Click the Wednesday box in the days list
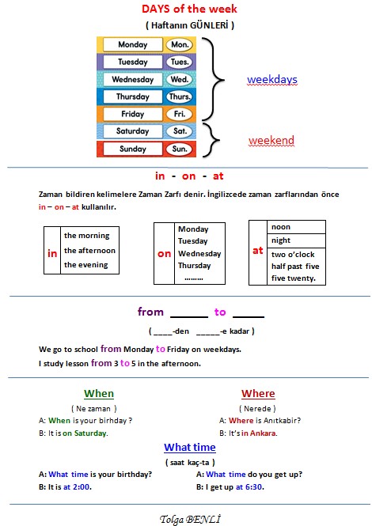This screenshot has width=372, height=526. coord(133,80)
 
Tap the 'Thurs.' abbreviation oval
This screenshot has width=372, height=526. coord(180,96)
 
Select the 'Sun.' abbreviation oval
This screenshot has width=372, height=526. coord(180,149)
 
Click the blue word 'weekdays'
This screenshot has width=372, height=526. coord(272,80)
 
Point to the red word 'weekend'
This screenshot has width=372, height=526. coord(271,140)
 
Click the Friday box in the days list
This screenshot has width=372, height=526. coord(133,114)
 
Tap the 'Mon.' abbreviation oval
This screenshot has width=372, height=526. coord(180,44)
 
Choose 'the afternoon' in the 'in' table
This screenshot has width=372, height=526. coord(89,251)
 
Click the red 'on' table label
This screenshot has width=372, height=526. coord(164,254)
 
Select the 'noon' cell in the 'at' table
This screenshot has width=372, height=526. coord(296,227)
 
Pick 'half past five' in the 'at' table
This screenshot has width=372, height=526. coord(295,267)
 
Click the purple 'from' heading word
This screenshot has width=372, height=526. coord(150,312)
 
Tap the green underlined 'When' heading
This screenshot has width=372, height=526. coord(99,393)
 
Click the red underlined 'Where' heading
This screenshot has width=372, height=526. coord(258,393)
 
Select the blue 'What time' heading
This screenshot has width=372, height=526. coord(190,447)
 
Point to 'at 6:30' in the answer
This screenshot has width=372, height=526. coord(249,487)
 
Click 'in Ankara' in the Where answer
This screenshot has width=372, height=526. coord(259,433)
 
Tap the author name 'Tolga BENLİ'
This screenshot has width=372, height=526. coord(190,519)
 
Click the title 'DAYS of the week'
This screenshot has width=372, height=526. coord(189,9)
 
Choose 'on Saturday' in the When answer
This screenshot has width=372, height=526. coord(84,433)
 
